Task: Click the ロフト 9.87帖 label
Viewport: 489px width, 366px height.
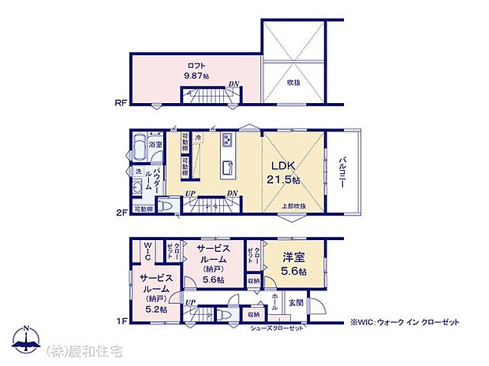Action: (x=196, y=71)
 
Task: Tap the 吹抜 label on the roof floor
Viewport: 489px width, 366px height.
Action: (x=293, y=81)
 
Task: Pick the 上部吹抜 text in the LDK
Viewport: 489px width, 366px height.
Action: (x=294, y=206)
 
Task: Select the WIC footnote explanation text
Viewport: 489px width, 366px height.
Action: (x=405, y=322)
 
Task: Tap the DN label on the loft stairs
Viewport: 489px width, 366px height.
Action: (x=233, y=84)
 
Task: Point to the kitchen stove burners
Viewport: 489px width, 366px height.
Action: (x=227, y=141)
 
